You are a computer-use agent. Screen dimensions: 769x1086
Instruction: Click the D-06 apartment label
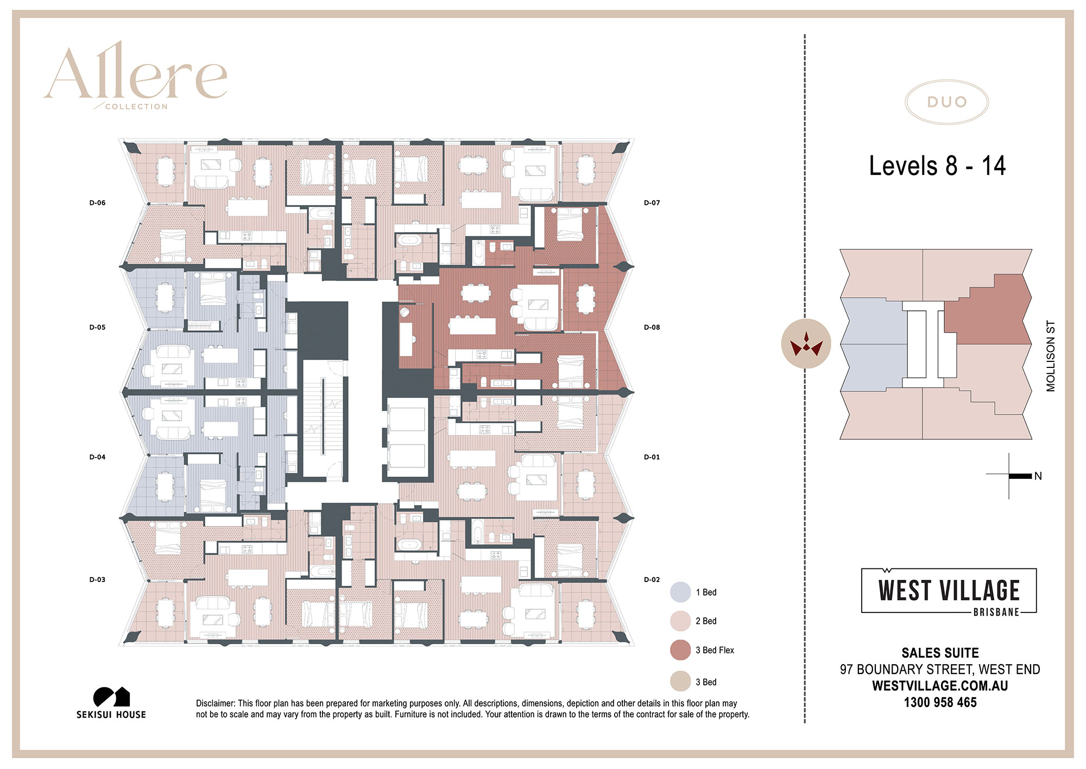pyautogui.click(x=97, y=203)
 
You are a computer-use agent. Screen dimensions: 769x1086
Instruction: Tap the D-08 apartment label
pyautogui.click(x=652, y=327)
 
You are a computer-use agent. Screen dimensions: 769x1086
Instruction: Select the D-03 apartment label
pyautogui.click(x=97, y=579)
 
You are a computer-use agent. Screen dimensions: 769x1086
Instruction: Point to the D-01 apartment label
pyautogui.click(x=652, y=457)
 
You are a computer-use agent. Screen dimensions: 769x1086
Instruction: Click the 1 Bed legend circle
pyautogui.click(x=680, y=592)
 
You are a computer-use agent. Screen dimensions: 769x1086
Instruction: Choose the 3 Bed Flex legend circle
pyautogui.click(x=680, y=650)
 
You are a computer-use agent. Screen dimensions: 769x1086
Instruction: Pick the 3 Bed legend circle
pyautogui.click(x=680, y=682)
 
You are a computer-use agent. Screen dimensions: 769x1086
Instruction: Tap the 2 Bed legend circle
pyautogui.click(x=680, y=621)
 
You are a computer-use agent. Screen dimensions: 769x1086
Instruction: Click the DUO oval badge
pyautogui.click(x=946, y=102)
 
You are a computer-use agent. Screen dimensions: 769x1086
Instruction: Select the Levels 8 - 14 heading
pyautogui.click(x=937, y=166)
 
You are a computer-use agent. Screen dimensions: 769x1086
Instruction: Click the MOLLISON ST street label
pyautogui.click(x=1051, y=356)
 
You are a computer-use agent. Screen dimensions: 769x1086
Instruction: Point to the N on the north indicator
pyautogui.click(x=1038, y=476)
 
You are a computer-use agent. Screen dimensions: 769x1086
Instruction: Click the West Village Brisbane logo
pyautogui.click(x=949, y=592)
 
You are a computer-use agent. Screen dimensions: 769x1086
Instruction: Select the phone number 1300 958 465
pyautogui.click(x=940, y=702)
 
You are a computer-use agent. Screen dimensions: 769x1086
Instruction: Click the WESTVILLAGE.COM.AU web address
pyautogui.click(x=940, y=686)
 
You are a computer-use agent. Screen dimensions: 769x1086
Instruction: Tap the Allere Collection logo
pyautogui.click(x=136, y=76)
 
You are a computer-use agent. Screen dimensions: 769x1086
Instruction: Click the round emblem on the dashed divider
pyautogui.click(x=806, y=343)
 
